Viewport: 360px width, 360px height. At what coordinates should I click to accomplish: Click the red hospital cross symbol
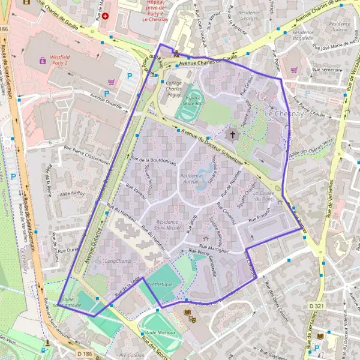coord(106,15)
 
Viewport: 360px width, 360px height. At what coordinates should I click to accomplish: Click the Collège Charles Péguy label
coord(173,90)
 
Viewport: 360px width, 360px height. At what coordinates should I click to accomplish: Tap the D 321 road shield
coord(313,306)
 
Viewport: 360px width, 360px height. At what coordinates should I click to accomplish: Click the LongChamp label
coord(117,261)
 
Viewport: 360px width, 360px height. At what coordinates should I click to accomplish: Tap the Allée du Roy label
coord(72,193)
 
